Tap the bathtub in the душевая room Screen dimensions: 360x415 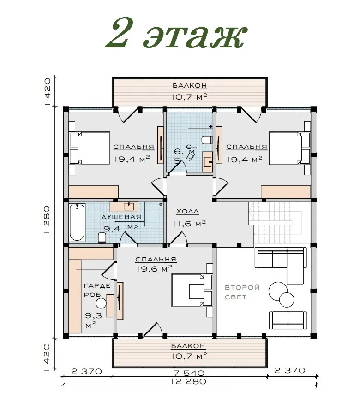(x=77, y=222)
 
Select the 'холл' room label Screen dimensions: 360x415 (x=187, y=212)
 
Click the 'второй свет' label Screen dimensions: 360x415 (x=242, y=292)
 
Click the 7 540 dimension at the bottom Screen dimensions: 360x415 (x=189, y=373)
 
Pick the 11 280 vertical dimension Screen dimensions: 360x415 (x=47, y=222)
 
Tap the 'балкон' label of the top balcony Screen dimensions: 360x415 (x=190, y=86)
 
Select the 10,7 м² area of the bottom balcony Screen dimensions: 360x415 (x=189, y=356)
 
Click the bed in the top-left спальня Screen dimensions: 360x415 (x=90, y=148)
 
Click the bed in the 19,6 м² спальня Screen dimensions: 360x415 (x=192, y=290)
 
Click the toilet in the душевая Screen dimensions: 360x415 (x=102, y=237)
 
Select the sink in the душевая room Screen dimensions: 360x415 (x=129, y=206)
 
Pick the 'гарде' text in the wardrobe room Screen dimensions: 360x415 (x=97, y=285)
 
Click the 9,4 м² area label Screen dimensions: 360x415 (x=120, y=228)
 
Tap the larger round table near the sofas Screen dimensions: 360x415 (x=278, y=291)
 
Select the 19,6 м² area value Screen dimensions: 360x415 (x=155, y=269)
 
